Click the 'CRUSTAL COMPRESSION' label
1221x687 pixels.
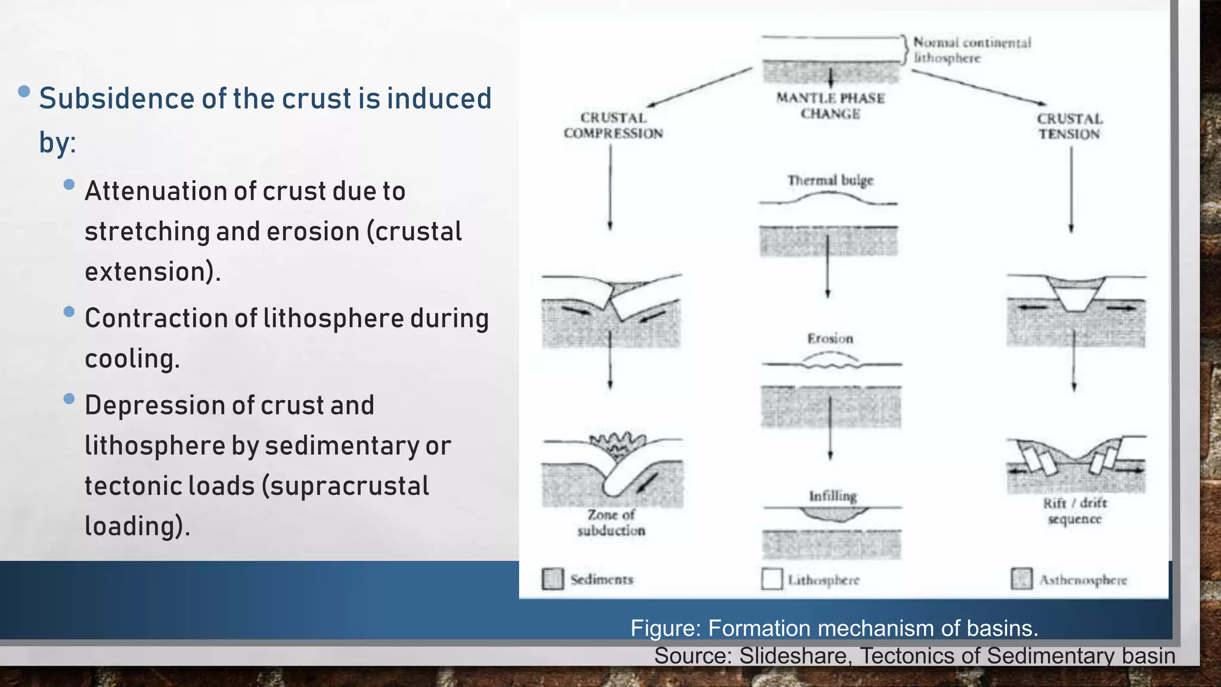coord(613,126)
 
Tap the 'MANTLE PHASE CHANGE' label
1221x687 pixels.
coord(830,106)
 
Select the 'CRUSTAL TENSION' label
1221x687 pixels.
coord(1070,126)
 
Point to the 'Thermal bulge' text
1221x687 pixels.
coord(830,180)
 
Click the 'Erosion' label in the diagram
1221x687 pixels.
coord(830,339)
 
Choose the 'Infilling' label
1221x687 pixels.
coord(832,496)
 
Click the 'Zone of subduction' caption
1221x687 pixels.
coord(611,522)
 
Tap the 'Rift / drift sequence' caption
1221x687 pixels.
coord(1074,511)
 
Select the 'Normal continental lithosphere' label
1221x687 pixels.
coord(972,50)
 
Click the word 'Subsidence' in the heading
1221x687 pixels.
coord(116,99)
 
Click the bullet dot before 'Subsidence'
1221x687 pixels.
coord(24,91)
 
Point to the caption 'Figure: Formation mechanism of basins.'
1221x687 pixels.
coord(834,628)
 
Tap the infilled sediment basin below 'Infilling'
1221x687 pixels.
coord(832,513)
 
